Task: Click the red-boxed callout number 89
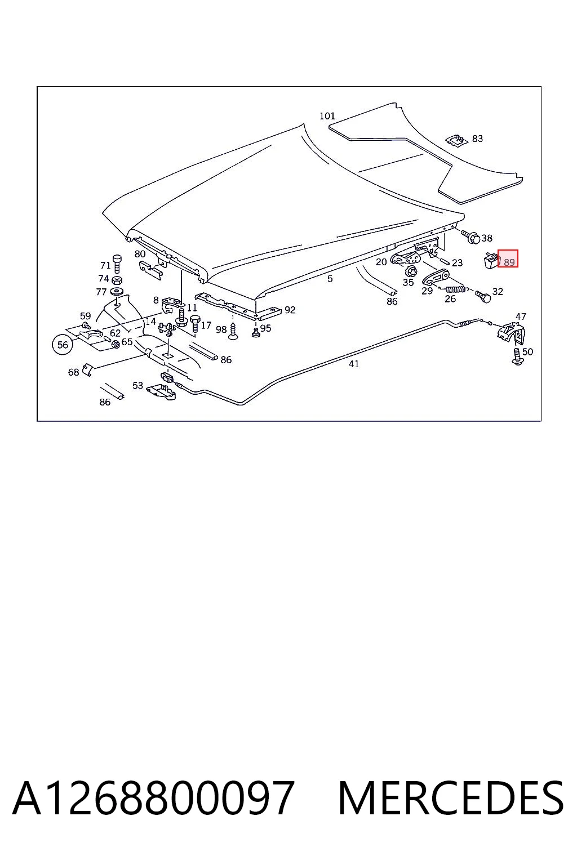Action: click(x=509, y=262)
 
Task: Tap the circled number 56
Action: click(x=63, y=345)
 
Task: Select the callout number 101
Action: click(x=327, y=116)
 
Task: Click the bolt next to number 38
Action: click(x=471, y=236)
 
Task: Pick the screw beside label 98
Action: click(x=233, y=331)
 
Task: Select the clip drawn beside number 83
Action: click(x=456, y=141)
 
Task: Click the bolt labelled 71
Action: click(x=117, y=264)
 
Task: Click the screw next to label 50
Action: click(x=516, y=356)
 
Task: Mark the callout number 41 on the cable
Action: click(x=354, y=364)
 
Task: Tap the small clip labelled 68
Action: click(x=88, y=369)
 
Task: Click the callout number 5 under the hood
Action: click(x=330, y=279)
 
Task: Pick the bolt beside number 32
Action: click(x=483, y=296)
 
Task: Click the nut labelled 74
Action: click(x=117, y=279)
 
